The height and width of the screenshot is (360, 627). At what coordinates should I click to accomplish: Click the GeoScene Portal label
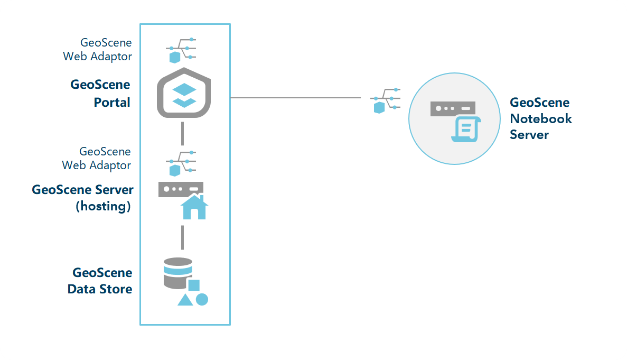(x=100, y=93)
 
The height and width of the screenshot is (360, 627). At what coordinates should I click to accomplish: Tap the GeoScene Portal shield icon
(x=184, y=94)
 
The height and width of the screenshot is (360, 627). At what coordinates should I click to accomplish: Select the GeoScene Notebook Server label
(x=540, y=118)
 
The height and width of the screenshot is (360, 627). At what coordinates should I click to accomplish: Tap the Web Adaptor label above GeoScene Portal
(x=98, y=49)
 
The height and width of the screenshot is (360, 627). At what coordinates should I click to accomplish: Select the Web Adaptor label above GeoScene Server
(x=97, y=158)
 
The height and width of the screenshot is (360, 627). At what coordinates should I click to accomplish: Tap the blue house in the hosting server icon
(x=194, y=207)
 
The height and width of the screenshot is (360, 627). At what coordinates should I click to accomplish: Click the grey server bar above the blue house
(x=181, y=189)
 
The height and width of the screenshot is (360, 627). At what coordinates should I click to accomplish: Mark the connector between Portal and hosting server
(x=182, y=133)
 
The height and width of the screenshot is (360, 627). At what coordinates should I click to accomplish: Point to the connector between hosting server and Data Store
(x=182, y=237)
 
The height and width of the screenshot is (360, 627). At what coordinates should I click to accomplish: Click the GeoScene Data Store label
(x=100, y=281)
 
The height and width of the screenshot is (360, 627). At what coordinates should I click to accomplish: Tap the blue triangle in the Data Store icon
(x=185, y=300)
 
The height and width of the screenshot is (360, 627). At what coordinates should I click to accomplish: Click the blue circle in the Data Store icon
(x=202, y=299)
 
